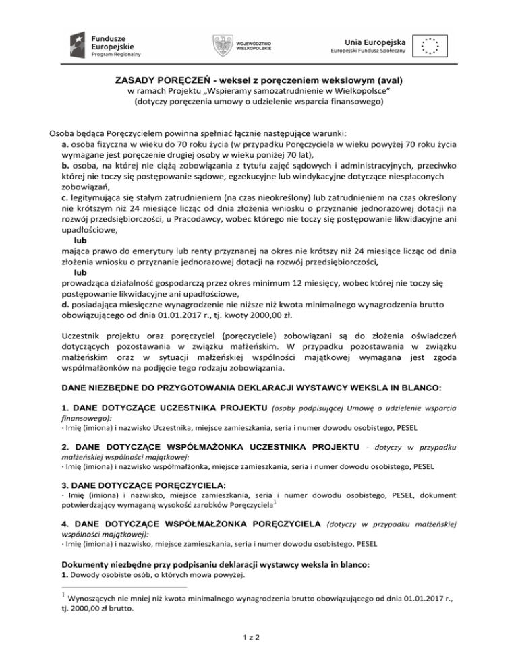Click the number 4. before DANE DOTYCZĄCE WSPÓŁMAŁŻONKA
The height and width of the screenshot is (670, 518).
(x=65, y=524)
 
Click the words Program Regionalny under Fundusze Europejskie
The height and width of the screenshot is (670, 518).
(x=117, y=55)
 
